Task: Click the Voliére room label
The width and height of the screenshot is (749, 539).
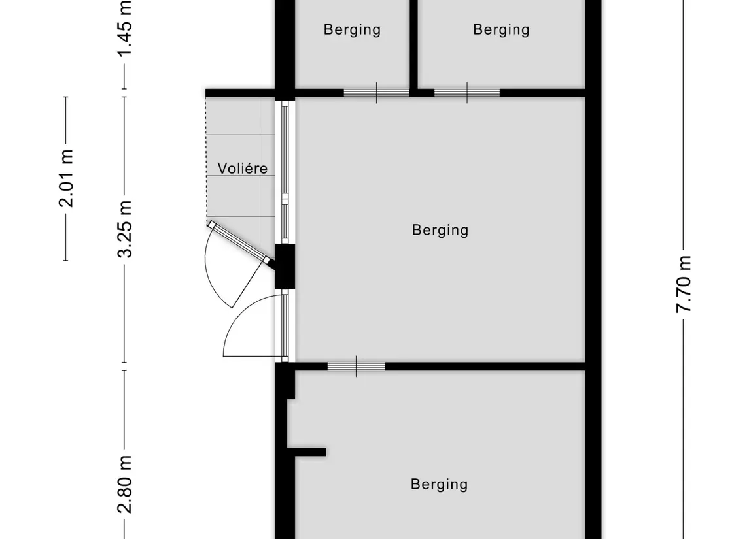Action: [x=242, y=168]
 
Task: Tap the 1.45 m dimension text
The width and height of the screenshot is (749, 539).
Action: [x=125, y=27]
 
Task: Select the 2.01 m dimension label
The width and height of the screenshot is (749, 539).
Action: [x=66, y=178]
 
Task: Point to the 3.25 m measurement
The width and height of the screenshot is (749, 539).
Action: [x=125, y=229]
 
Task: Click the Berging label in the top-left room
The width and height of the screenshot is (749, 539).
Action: [x=352, y=29]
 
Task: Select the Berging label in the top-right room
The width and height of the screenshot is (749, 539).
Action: [x=501, y=29]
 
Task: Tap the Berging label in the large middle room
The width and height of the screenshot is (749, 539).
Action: [x=440, y=230]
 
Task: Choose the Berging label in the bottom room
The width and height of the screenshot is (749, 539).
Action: [x=439, y=484]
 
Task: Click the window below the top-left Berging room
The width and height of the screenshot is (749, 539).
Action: [x=377, y=93]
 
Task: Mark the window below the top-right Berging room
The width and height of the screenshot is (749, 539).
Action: [x=467, y=93]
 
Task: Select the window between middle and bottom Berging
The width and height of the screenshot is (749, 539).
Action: [x=356, y=367]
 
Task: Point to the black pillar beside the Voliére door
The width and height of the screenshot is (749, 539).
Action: [x=285, y=266]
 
